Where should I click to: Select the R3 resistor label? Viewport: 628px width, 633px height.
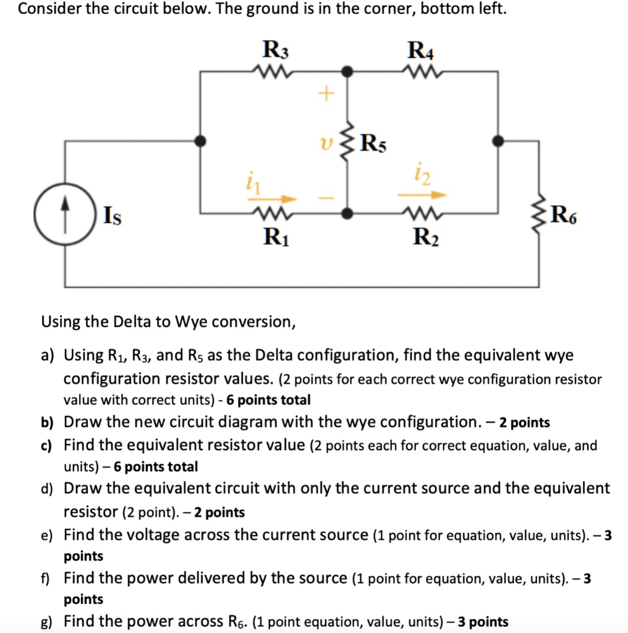click(x=276, y=48)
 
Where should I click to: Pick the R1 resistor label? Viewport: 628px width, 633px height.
click(x=273, y=237)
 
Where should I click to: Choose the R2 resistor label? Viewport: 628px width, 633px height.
click(x=425, y=237)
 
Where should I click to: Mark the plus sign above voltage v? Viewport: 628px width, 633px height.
click(x=325, y=94)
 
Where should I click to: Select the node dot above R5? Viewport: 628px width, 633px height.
click(x=348, y=72)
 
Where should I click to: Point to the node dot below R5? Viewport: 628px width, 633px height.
click(x=348, y=214)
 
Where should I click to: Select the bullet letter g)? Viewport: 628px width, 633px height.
click(x=47, y=622)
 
